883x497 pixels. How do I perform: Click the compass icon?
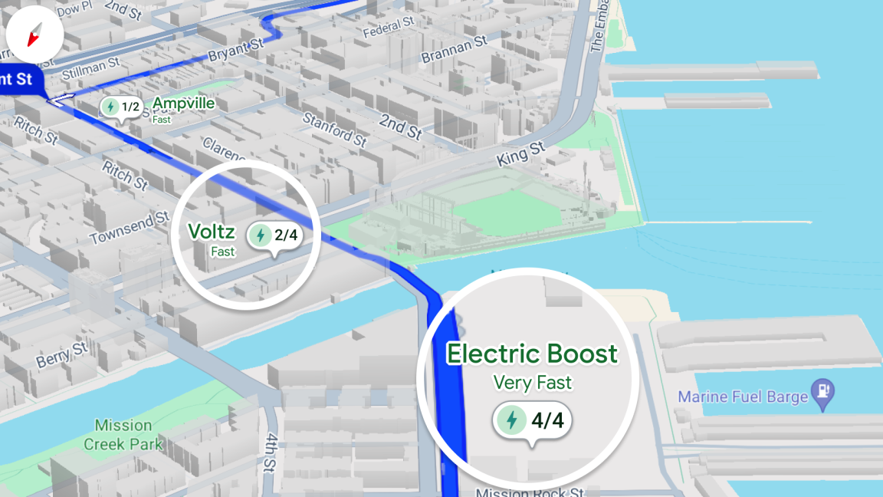(x=34, y=34)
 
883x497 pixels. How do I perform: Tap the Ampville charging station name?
(x=183, y=104)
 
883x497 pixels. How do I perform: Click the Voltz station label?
(x=211, y=231)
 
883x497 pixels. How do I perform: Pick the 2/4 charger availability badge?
(x=274, y=235)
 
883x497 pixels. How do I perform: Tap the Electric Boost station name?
(x=532, y=354)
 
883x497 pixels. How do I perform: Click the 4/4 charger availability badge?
(x=533, y=420)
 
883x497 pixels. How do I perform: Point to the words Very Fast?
(x=532, y=382)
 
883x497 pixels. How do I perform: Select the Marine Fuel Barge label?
(x=743, y=397)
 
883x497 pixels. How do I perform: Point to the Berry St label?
(x=62, y=355)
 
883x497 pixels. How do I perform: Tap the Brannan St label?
(x=454, y=48)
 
